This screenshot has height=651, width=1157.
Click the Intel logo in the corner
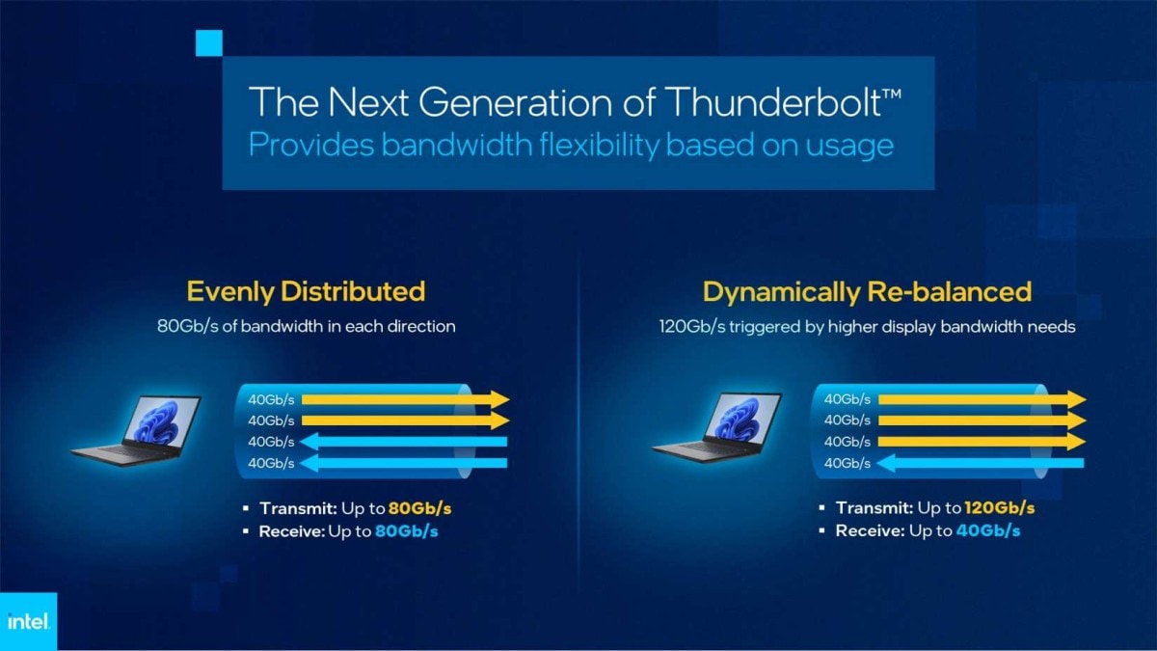28,622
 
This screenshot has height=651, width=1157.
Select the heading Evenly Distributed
306,290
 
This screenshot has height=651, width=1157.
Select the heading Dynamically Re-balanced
867,290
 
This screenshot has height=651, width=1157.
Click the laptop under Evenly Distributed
137,429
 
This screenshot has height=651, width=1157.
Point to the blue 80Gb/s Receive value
406,530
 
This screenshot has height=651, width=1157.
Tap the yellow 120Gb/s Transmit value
1000,507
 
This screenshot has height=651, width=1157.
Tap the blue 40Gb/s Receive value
988,530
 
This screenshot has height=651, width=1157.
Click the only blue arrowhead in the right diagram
886,464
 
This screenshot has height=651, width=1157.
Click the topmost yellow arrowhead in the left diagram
498,399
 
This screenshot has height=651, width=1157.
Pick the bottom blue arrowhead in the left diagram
309,464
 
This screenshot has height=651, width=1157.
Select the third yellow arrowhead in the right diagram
1075,442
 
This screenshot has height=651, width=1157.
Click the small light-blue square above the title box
208,42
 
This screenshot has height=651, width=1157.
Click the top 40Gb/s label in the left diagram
271,399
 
